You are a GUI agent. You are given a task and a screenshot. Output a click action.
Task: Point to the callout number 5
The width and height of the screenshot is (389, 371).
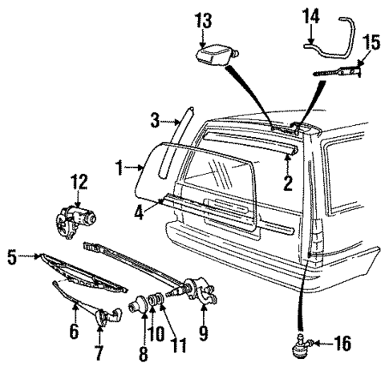11,256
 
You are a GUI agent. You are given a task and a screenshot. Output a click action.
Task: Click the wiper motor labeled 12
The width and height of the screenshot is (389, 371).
75,218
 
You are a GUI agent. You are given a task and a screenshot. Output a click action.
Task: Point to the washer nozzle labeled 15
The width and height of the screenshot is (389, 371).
337,72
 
